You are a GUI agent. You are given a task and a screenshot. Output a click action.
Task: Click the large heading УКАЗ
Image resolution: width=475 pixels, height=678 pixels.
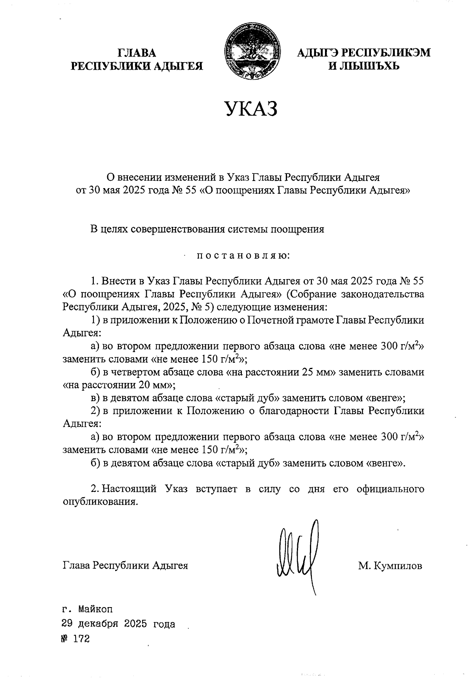click(x=251, y=109)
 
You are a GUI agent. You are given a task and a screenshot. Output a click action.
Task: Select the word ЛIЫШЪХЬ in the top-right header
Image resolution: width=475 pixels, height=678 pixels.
click(x=364, y=66)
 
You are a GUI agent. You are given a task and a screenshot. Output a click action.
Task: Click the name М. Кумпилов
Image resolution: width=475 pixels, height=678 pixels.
click(x=390, y=566)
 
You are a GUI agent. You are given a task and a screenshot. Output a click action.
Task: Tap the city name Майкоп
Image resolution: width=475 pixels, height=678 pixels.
click(x=95, y=608)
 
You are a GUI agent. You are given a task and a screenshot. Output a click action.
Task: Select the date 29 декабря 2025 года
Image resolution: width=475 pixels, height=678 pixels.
click(x=118, y=624)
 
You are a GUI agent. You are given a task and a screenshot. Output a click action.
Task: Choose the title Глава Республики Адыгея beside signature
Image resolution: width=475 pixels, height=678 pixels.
click(x=125, y=566)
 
